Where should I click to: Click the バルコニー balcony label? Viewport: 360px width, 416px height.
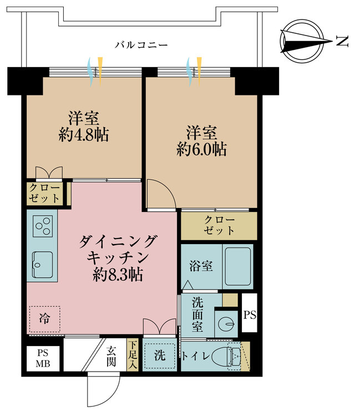[x=141, y=45]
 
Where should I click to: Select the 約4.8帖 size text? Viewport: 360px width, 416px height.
[x=84, y=134]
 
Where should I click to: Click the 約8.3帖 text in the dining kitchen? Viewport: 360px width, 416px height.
[x=118, y=273]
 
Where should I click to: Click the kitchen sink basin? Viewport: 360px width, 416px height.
[x=42, y=263]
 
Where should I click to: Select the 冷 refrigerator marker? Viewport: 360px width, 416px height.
[x=43, y=318]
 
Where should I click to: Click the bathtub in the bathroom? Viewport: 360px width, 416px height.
[x=237, y=266]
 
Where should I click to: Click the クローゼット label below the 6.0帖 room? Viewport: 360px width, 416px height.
[x=219, y=225]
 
